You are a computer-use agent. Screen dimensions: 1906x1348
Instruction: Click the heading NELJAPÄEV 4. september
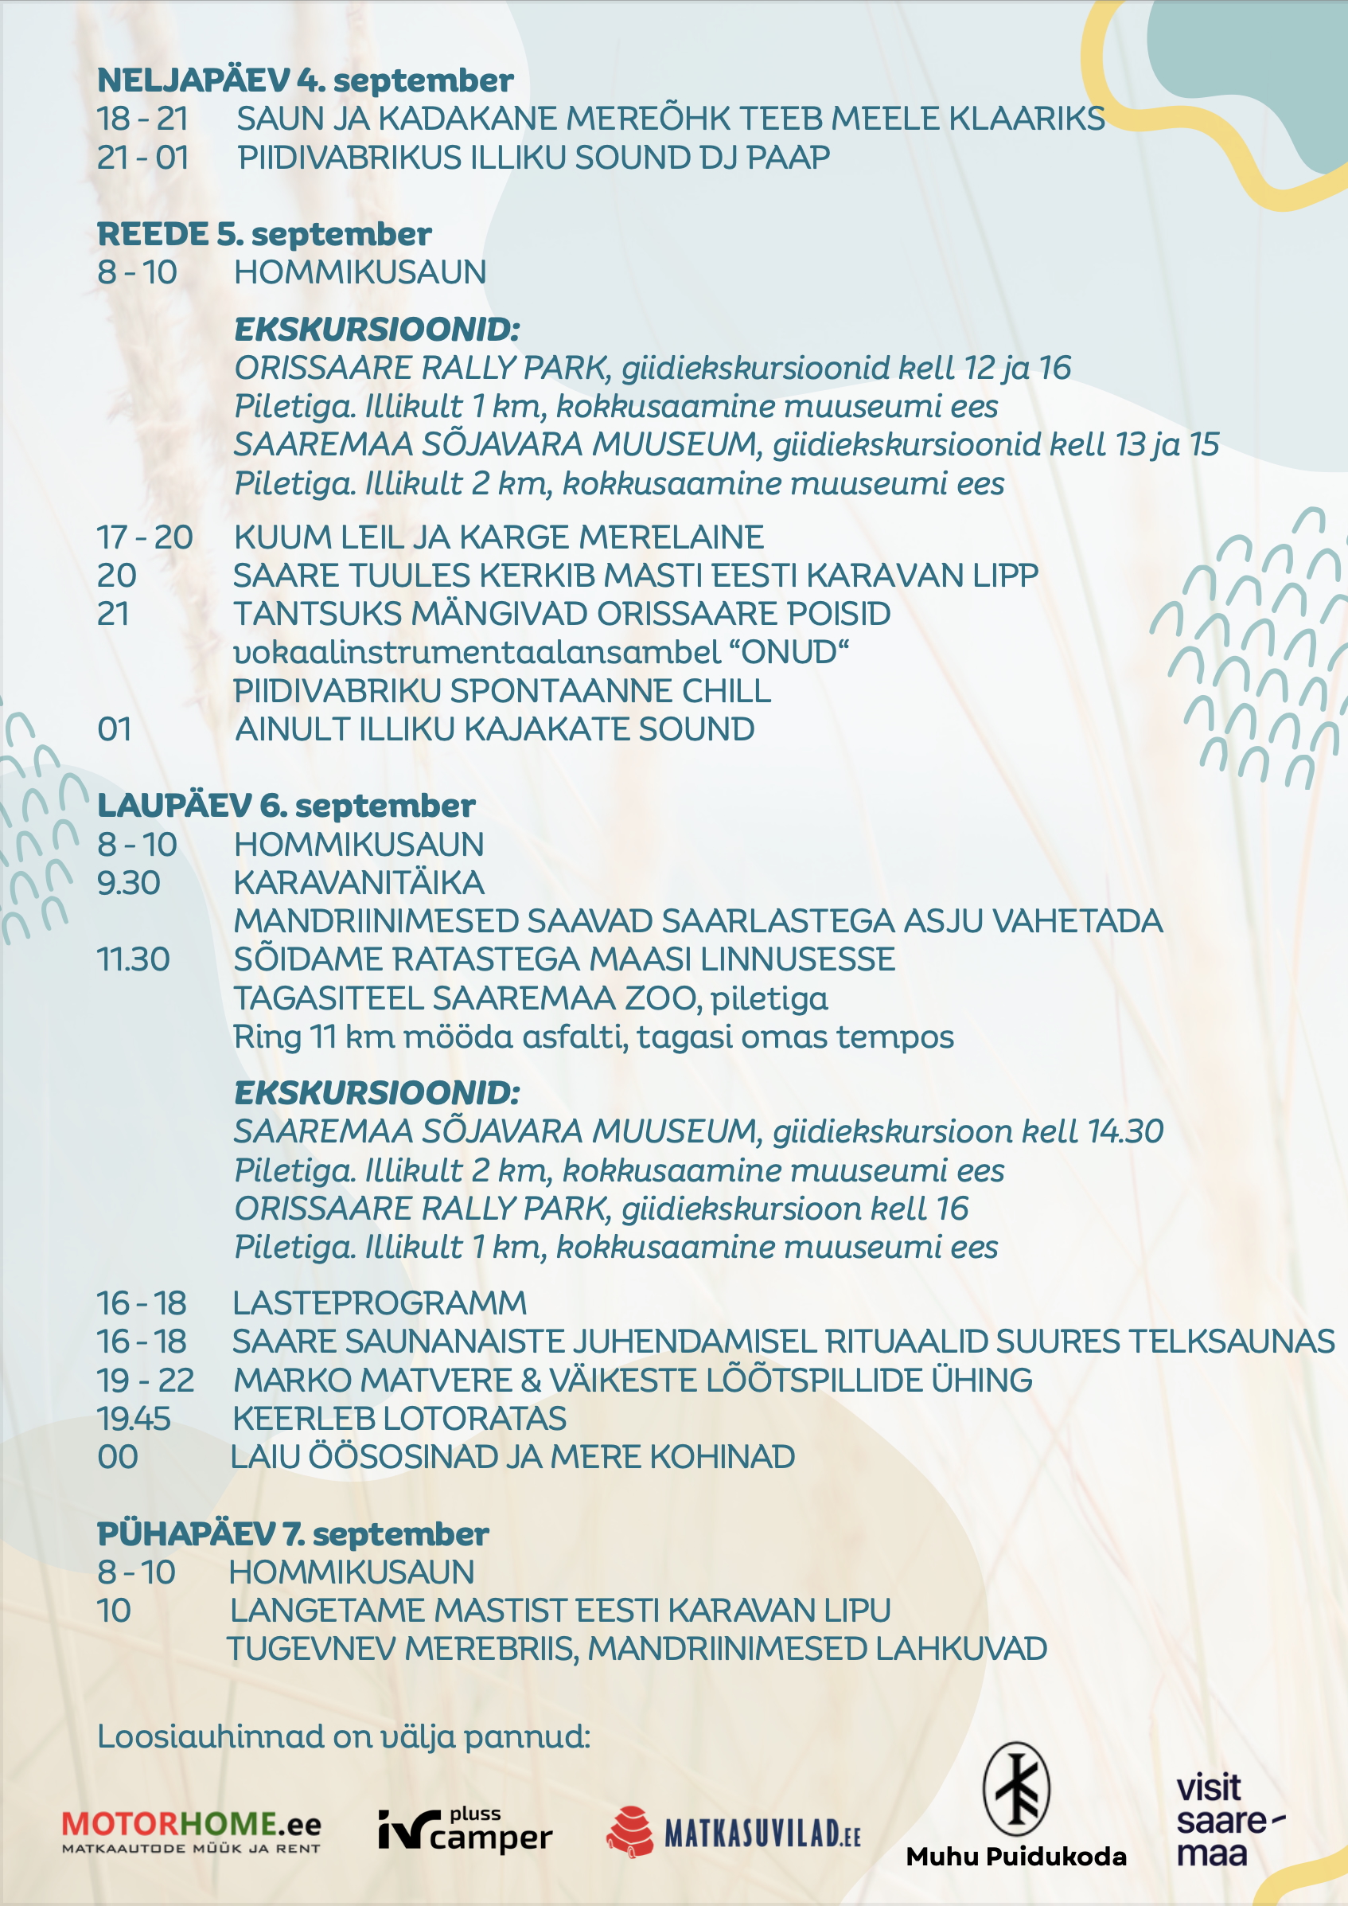pyautogui.click(x=305, y=80)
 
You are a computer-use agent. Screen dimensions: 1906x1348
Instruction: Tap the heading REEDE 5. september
pyautogui.click(x=264, y=234)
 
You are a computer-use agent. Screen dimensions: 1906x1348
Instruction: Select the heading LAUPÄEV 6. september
pyautogui.click(x=286, y=806)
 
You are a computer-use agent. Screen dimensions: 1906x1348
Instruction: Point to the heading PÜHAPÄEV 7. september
pyautogui.click(x=292, y=1534)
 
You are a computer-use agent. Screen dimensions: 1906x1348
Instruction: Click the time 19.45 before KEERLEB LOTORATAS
pyautogui.click(x=134, y=1419)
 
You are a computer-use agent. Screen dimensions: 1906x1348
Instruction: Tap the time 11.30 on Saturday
pyautogui.click(x=133, y=959)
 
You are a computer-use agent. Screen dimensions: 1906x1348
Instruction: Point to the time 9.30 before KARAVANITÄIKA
pyautogui.click(x=129, y=883)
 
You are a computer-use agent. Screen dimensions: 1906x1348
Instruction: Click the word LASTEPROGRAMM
pyautogui.click(x=380, y=1303)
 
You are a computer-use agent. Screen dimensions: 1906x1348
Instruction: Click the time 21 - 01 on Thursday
pyautogui.click(x=142, y=158)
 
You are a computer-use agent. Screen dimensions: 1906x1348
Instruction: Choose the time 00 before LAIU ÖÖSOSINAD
pyautogui.click(x=118, y=1457)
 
